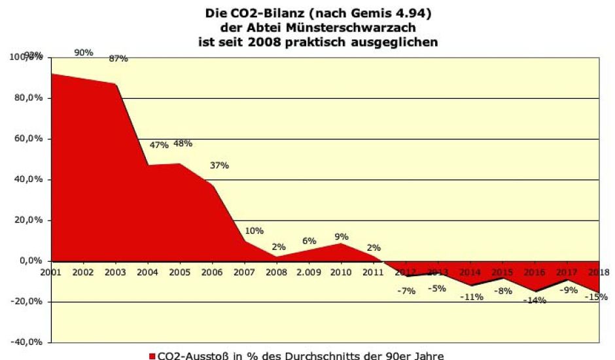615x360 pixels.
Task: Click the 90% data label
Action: pos(84,52)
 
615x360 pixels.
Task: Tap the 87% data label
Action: pos(118,58)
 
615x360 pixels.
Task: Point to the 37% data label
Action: pos(219,165)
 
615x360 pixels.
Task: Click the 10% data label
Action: pos(254,230)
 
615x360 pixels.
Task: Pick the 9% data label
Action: pos(341,236)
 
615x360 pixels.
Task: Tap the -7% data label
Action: pos(406,291)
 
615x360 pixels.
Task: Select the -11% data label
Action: pos(471,297)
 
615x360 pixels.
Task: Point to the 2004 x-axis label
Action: pos(148,271)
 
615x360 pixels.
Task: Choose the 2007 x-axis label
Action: pos(244,271)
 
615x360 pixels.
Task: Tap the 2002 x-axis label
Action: pos(84,271)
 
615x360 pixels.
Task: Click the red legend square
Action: pos(152,356)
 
